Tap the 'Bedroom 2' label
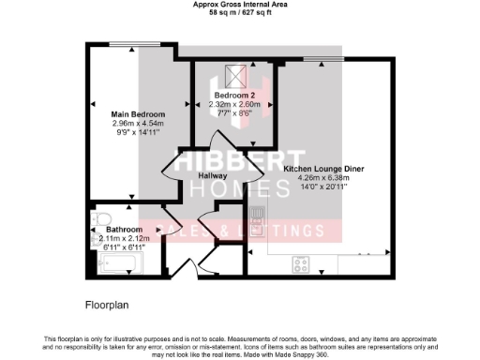click(231, 97)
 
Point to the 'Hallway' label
click(214, 175)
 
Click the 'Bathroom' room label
click(124, 229)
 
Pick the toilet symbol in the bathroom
click(97, 222)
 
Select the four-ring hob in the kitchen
click(304, 262)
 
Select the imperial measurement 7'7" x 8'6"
click(231, 113)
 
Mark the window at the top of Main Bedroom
click(124, 45)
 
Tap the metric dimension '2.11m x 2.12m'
click(124, 237)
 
